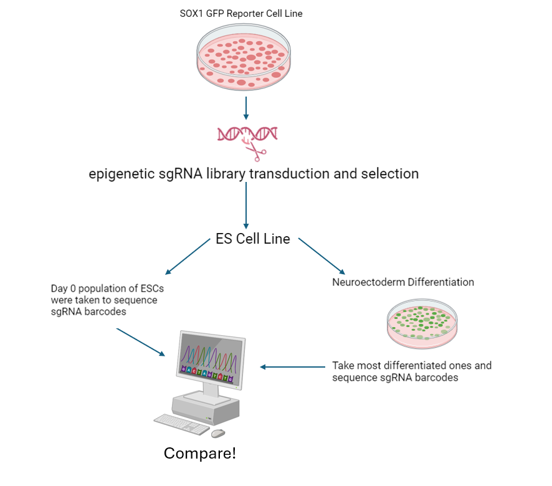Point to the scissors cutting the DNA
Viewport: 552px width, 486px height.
tap(256, 150)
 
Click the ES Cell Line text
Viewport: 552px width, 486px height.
tap(252, 239)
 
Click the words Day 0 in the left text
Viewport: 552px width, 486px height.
tap(65, 288)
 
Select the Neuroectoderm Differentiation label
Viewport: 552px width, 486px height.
tap(403, 282)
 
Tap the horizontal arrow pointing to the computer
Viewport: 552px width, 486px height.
tap(293, 366)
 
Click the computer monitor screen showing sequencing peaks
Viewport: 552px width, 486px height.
tap(207, 363)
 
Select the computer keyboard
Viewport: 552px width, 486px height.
tap(182, 424)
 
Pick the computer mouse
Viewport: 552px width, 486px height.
tap(218, 433)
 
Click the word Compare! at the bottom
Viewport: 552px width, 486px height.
tap(200, 453)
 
